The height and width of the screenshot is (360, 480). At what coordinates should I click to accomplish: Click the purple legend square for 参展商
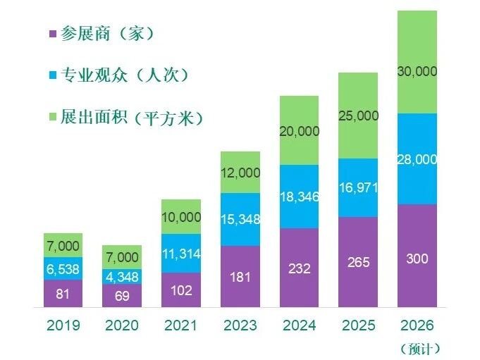[51, 34]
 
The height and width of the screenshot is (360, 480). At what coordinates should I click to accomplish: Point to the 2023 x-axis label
[240, 326]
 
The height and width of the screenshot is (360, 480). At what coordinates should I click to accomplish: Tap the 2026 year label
[417, 326]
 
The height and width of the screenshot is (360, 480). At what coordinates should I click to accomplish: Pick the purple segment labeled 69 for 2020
[123, 296]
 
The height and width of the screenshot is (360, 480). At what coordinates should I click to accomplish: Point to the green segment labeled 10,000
[181, 217]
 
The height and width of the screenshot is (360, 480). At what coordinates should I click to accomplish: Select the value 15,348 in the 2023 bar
[240, 219]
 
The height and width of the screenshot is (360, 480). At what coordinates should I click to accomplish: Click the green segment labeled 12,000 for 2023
[240, 172]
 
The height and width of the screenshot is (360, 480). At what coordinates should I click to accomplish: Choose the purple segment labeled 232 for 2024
[300, 268]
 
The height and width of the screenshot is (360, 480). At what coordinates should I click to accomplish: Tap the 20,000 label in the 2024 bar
[300, 131]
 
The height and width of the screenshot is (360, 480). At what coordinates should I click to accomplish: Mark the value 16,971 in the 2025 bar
[358, 188]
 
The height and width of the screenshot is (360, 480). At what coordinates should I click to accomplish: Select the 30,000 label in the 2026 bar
[417, 71]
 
